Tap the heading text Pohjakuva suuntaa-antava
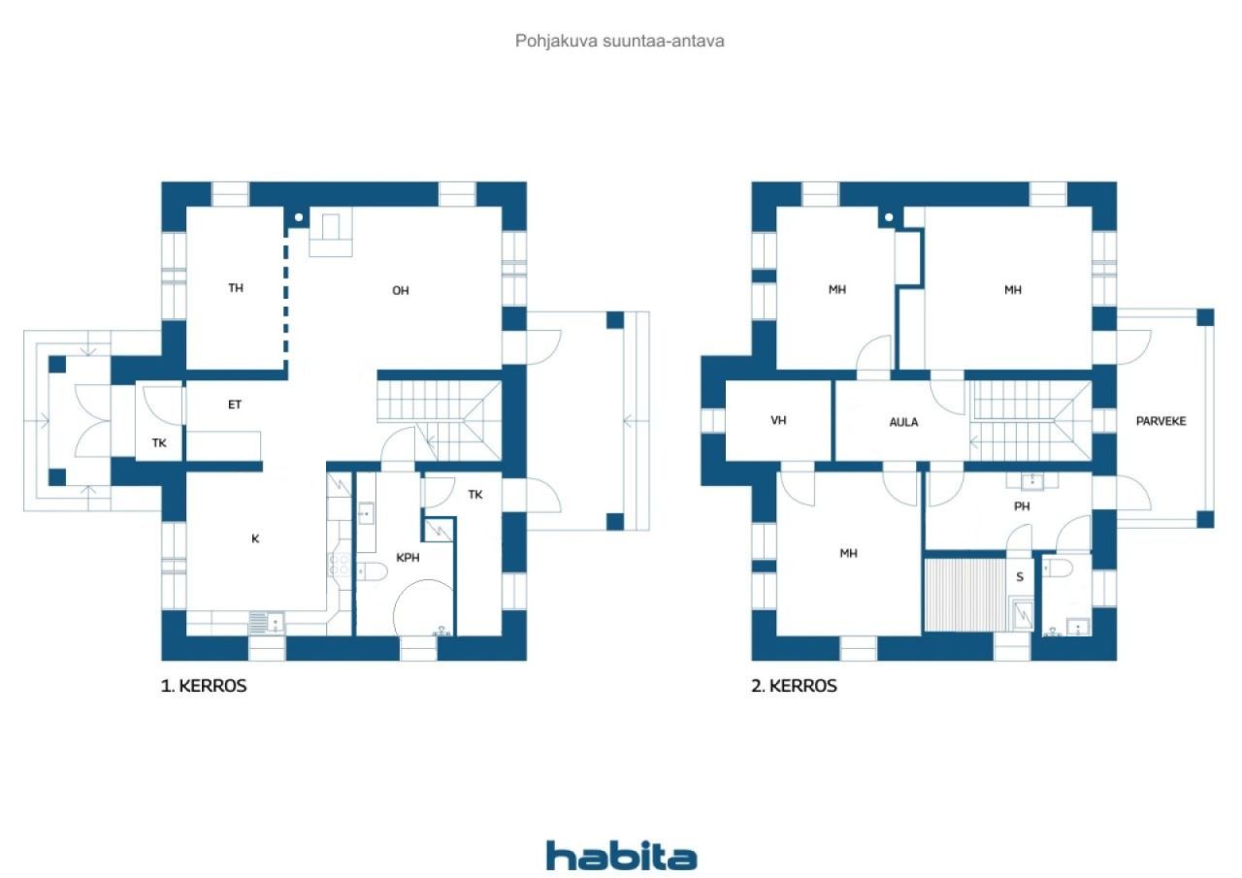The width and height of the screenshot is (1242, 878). coord(619,41)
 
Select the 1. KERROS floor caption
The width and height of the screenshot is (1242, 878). coord(204,686)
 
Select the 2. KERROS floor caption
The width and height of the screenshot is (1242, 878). coord(794,686)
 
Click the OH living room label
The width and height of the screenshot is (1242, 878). coord(401,290)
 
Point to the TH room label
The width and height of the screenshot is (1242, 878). coord(236,288)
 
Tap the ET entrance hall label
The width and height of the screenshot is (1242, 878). coord(235,405)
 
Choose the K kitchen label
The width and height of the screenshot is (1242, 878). coord(255,538)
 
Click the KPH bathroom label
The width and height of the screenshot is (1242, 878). coord(408,558)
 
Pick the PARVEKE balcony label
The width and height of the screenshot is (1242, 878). coord(1161,421)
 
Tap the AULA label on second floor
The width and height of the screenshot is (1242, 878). coord(903,422)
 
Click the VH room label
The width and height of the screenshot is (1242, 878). coord(778,421)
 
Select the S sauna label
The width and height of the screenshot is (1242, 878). coord(1020,577)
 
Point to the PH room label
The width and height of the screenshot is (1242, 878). coord(1022,506)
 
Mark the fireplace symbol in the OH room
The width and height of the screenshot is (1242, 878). coord(331,232)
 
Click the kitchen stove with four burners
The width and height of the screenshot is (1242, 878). coord(340,566)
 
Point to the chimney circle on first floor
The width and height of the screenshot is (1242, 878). coord(299,217)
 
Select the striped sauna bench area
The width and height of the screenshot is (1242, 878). coord(965,595)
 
